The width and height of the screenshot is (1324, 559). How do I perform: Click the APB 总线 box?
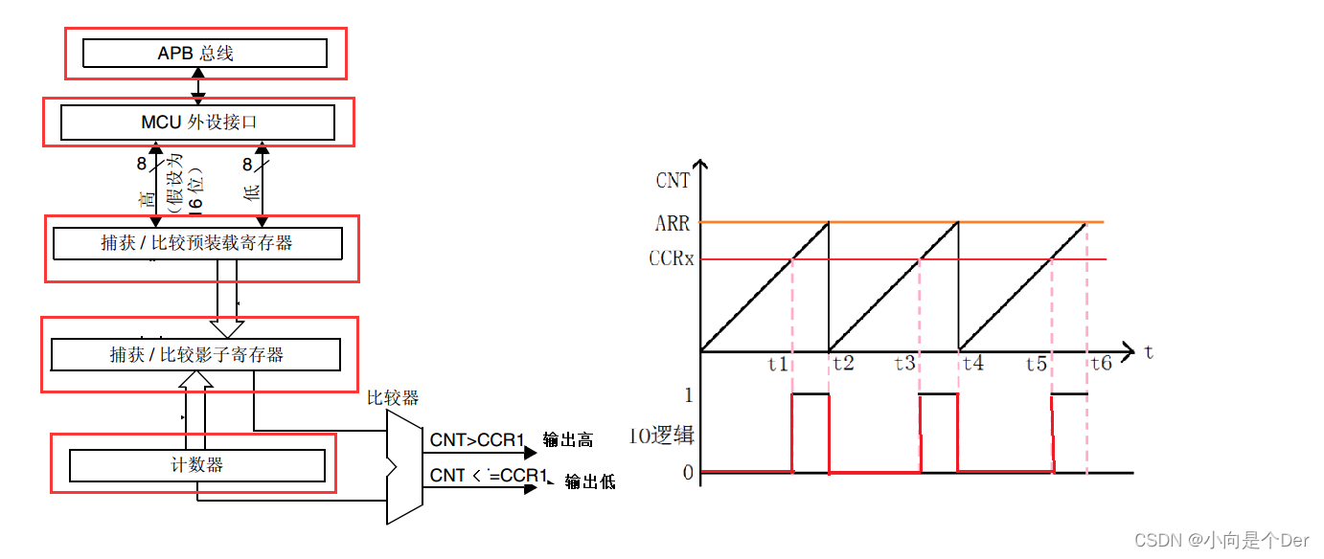pyautogui.click(x=204, y=54)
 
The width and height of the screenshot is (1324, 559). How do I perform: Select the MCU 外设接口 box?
pyautogui.click(x=197, y=123)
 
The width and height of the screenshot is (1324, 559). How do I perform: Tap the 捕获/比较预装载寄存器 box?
pyautogui.click(x=196, y=243)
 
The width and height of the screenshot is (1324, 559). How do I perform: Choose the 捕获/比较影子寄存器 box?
pyautogui.click(x=195, y=355)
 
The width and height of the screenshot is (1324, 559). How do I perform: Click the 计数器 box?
pyautogui.click(x=196, y=465)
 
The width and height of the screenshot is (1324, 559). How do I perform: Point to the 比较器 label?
pyautogui.click(x=393, y=397)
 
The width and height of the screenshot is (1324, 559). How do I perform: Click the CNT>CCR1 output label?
pyautogui.click(x=476, y=440)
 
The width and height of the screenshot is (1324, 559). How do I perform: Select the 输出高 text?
pyautogui.click(x=568, y=440)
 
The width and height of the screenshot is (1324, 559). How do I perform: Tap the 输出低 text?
pyautogui.click(x=589, y=481)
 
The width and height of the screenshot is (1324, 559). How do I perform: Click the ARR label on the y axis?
pyautogui.click(x=673, y=224)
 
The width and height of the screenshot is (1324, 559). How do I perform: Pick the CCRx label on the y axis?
pyautogui.click(x=671, y=259)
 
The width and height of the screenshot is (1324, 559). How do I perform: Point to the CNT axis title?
pyautogui.click(x=673, y=180)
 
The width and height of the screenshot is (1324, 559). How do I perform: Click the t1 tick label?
pyautogui.click(x=778, y=364)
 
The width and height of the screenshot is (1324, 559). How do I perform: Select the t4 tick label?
pyautogui.click(x=972, y=364)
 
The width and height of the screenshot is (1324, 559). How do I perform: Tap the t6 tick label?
pyautogui.click(x=1101, y=364)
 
